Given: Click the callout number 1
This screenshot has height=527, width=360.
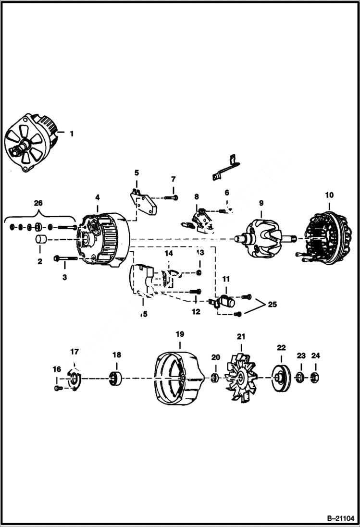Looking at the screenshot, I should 72,134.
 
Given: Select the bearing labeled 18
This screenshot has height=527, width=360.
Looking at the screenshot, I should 116,380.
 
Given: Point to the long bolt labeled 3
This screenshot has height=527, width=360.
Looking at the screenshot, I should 66,258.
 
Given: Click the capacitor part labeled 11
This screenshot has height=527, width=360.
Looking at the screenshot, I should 226,302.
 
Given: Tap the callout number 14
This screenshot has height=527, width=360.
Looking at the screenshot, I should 169,253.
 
